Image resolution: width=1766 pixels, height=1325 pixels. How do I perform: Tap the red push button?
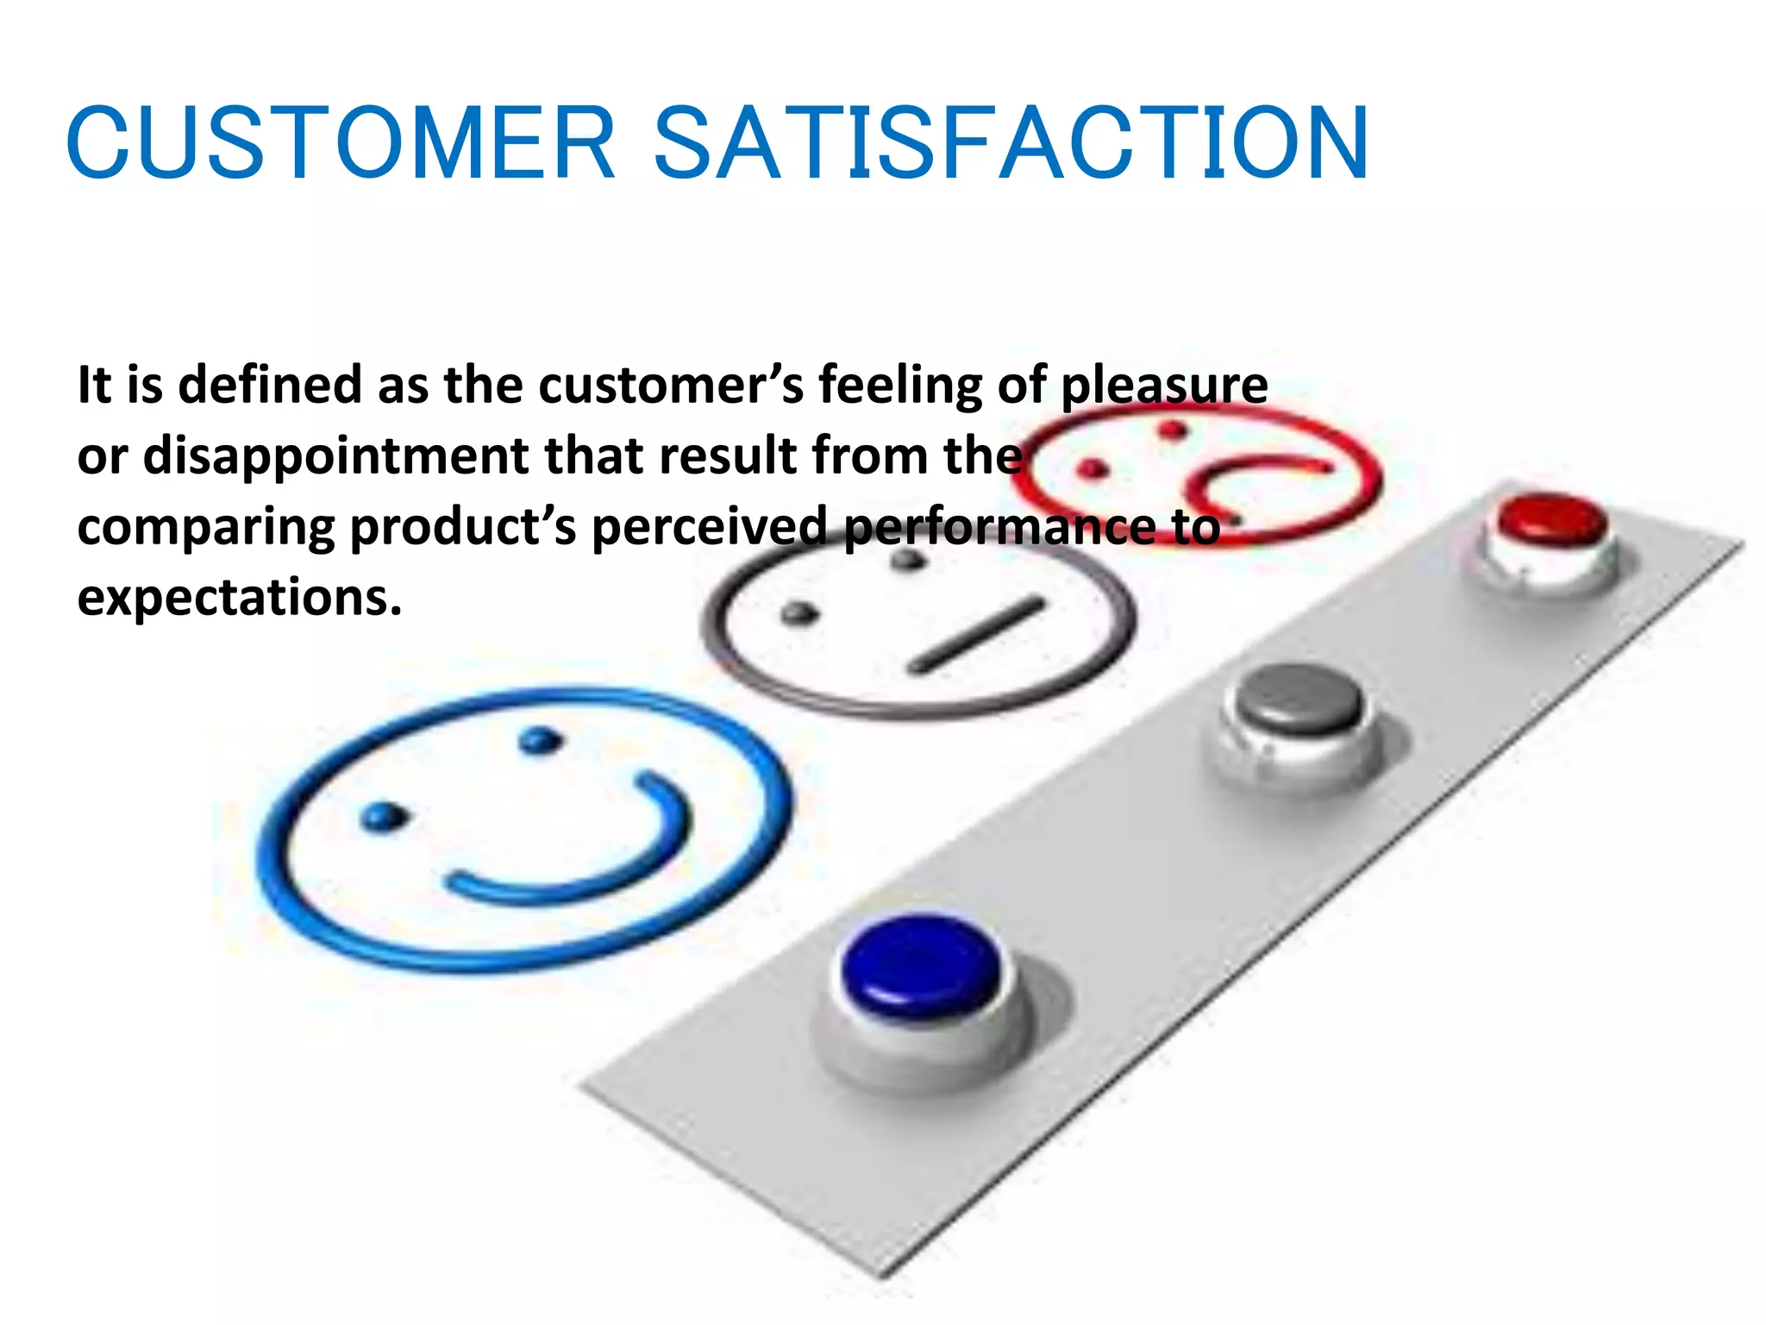[x=1551, y=520]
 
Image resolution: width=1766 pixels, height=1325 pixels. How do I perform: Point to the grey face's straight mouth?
[x=977, y=635]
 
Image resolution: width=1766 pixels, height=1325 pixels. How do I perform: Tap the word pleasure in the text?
[x=1163, y=385]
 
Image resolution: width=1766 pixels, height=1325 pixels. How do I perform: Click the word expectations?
[x=239, y=597]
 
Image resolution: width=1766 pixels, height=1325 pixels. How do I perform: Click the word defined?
[x=269, y=385]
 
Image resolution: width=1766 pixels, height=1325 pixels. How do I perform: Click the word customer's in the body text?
[x=671, y=385]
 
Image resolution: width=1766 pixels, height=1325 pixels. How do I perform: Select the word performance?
[x=1000, y=526]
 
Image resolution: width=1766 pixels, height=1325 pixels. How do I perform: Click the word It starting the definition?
[x=94, y=385]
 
